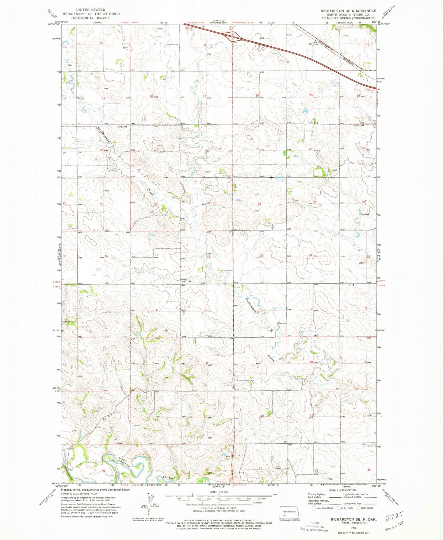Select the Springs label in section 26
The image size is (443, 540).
[x=365, y=214]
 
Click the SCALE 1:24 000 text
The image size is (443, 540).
[x=219, y=492]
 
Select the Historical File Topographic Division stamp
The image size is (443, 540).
[x=314, y=526]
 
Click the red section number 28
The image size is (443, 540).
[x=260, y=204]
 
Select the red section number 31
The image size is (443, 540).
[x=156, y=255]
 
